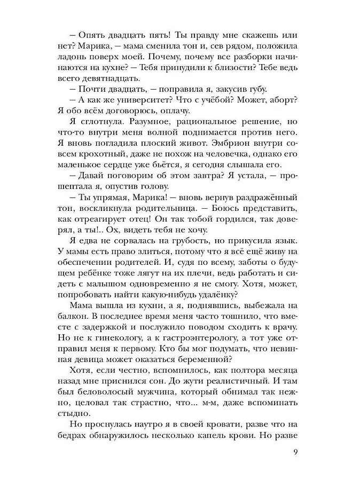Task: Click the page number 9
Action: pos(295,454)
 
